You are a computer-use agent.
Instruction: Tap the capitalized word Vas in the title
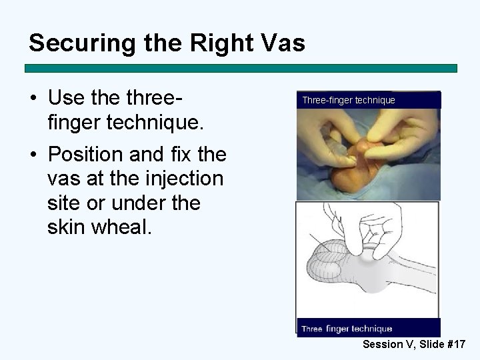(x=281, y=44)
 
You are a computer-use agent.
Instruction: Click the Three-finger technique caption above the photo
(x=349, y=101)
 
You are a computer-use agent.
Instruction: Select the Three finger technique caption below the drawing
(x=347, y=329)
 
